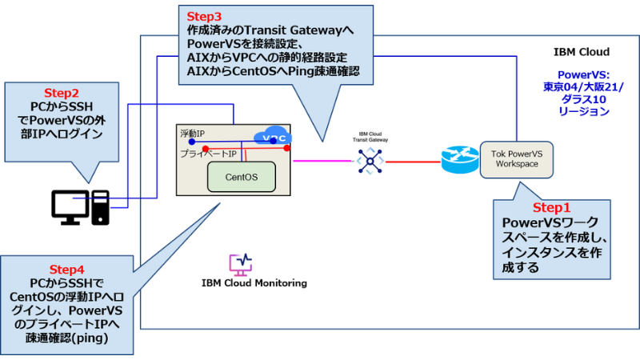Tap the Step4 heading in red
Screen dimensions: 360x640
pyautogui.click(x=66, y=269)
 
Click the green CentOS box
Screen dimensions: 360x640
pyautogui.click(x=240, y=176)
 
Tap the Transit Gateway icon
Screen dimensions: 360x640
pyautogui.click(x=370, y=161)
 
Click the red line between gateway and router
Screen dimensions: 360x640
pyautogui.click(x=412, y=162)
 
